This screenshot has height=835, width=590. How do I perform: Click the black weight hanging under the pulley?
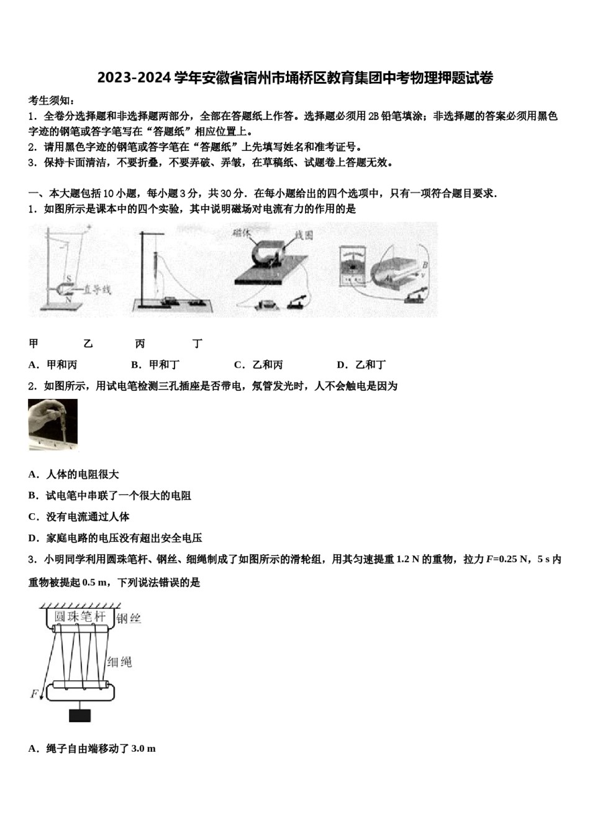point(79,714)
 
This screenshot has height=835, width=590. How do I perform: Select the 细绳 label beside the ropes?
point(119,662)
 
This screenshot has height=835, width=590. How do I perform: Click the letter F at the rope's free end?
point(34,693)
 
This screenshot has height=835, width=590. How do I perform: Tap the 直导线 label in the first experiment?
point(98,290)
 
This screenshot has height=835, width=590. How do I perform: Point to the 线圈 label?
point(304,235)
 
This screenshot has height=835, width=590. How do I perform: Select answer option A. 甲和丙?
point(53,365)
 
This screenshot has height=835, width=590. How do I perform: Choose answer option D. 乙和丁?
point(361,365)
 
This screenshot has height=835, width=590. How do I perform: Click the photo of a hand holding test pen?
point(53,424)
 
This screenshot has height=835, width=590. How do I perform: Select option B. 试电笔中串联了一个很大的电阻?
point(110,495)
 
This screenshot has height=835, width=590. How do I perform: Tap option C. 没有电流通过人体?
point(79,516)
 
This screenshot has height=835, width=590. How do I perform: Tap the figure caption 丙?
point(140,344)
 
